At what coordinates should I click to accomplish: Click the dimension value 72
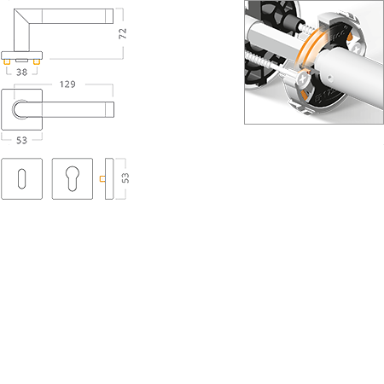(x=122, y=33)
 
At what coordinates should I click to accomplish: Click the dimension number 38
(x=22, y=73)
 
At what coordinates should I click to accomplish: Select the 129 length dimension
(x=67, y=84)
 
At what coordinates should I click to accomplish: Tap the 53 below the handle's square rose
(x=21, y=140)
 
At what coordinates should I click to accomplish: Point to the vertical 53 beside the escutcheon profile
(x=125, y=178)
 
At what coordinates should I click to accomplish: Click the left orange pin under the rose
(x=7, y=61)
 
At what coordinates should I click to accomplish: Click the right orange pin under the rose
(x=37, y=61)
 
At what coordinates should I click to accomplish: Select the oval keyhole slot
(x=21, y=178)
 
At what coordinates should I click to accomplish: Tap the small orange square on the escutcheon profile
(x=102, y=178)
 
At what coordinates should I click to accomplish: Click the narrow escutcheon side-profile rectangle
(x=109, y=178)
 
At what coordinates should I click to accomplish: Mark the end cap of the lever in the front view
(x=110, y=109)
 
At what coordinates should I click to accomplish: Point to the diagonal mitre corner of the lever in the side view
(x=22, y=16)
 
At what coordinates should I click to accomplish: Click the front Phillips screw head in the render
(x=303, y=79)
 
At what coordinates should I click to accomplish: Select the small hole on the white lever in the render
(x=329, y=77)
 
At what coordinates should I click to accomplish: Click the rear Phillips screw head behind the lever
(x=356, y=48)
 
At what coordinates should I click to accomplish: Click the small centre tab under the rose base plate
(x=21, y=61)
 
